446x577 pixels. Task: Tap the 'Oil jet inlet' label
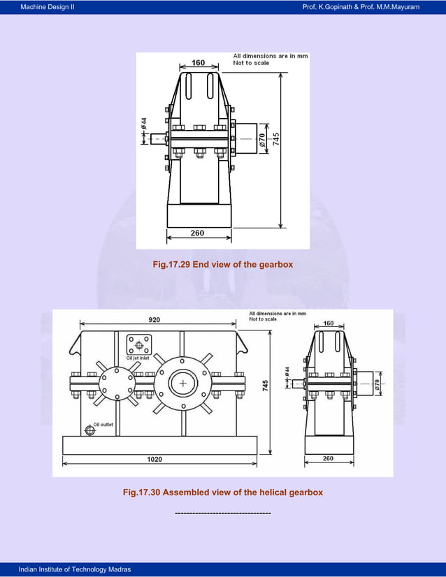(138, 358)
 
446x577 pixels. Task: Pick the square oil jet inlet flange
(139, 344)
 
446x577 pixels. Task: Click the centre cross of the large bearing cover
(183, 384)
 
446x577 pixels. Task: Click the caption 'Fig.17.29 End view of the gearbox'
(222, 265)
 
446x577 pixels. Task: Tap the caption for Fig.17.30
(222, 492)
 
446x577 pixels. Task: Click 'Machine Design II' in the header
(48, 6)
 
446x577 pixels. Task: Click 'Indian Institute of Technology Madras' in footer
(75, 570)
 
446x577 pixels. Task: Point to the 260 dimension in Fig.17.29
(198, 233)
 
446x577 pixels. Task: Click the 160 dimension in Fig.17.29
(199, 63)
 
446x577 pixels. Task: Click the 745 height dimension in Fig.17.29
(276, 138)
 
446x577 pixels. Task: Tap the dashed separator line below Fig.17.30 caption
(222, 513)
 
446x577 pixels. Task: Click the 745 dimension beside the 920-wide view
(265, 386)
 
